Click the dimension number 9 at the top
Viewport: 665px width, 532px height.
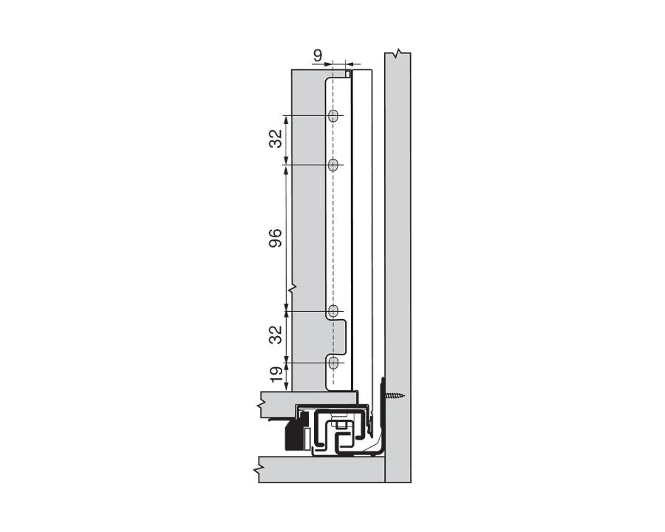[x=317, y=55]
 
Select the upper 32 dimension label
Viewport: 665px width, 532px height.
[x=276, y=139]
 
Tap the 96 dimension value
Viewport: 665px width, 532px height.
[x=276, y=238]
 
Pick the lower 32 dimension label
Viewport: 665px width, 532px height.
[x=276, y=335]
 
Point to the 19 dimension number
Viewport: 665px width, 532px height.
[x=276, y=375]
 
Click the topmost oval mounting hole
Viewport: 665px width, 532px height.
[x=334, y=115]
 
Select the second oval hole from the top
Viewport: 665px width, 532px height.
[x=334, y=164]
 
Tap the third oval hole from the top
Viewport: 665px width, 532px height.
[x=334, y=310]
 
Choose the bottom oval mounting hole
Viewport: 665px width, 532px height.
[x=334, y=362]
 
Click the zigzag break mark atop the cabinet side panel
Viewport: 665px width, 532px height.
[x=398, y=52]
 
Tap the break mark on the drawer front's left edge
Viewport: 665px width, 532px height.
[x=293, y=286]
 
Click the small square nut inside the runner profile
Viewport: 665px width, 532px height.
[x=338, y=424]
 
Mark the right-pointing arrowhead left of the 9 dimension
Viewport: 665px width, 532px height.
[x=329, y=64]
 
